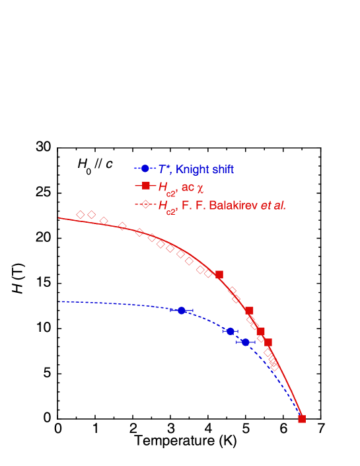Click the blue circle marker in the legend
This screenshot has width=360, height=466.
145,169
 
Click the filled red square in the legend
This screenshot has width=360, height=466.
145,187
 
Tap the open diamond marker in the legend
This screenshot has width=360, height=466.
145,205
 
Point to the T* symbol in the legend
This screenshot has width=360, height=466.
164,169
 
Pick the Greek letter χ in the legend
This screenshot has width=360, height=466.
201,189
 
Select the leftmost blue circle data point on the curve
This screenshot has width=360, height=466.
182,310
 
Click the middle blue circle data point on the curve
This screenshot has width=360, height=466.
231,331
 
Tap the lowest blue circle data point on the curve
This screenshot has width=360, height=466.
246,342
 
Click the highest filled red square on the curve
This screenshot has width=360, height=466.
219,274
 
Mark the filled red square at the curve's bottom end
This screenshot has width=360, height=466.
302,418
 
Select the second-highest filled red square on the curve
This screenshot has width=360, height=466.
249,311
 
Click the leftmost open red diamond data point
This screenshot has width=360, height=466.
81,215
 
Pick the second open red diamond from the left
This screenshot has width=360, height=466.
92,215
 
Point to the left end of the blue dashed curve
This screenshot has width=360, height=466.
59,302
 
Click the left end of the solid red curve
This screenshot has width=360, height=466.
59,217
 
